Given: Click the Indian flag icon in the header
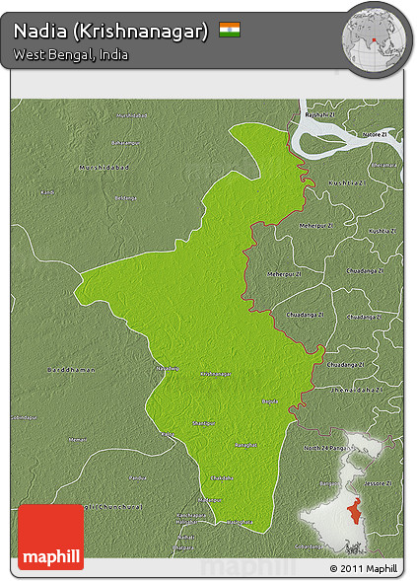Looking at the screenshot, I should pyautogui.click(x=230, y=30).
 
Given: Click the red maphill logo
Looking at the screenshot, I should pyautogui.click(x=51, y=537).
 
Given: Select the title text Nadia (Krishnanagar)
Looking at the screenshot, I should pyautogui.click(x=111, y=31).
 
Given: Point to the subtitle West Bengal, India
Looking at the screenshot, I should pyautogui.click(x=71, y=54).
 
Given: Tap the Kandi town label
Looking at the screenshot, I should pyautogui.click(x=47, y=191).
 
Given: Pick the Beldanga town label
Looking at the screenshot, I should pyautogui.click(x=125, y=198).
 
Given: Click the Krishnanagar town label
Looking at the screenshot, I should pyautogui.click(x=217, y=375).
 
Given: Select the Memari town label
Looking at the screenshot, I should pyautogui.click(x=77, y=439).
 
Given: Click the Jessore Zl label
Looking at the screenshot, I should pyautogui.click(x=384, y=483).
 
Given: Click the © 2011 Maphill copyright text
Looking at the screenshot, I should pyautogui.click(x=364, y=569).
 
